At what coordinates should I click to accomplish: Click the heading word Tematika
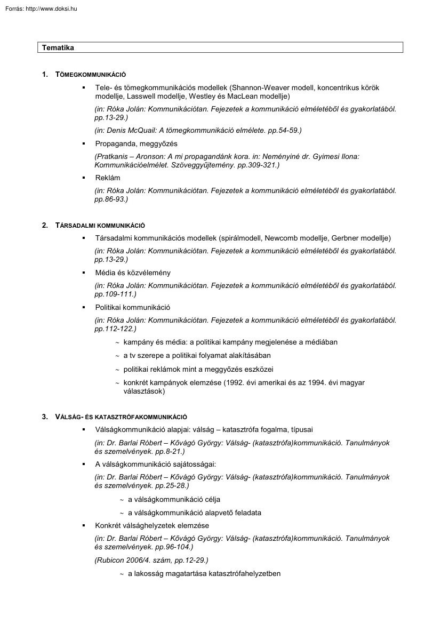(x=58, y=48)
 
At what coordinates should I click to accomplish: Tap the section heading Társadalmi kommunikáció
(x=100, y=225)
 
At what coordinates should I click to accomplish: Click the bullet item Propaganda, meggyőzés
(x=136, y=143)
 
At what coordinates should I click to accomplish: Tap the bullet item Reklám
(x=108, y=178)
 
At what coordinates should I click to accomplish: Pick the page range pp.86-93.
(x=111, y=199)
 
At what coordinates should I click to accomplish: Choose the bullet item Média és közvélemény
(x=133, y=273)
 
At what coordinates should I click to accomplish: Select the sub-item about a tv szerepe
(x=197, y=355)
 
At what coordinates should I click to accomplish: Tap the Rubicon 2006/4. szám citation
(x=151, y=560)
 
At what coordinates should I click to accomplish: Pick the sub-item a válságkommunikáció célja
(x=174, y=500)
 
